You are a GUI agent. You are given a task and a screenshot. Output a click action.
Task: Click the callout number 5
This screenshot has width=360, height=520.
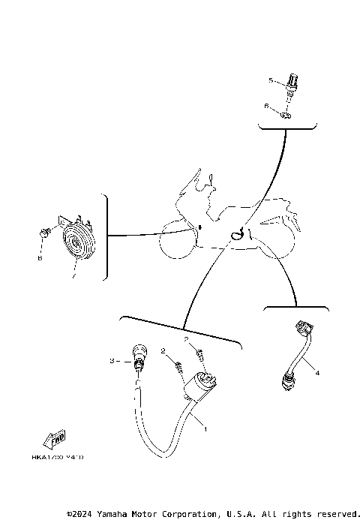(271, 79)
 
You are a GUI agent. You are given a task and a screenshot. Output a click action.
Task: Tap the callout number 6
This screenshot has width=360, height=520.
(266, 107)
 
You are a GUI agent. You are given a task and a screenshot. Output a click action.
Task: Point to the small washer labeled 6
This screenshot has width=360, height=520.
(286, 115)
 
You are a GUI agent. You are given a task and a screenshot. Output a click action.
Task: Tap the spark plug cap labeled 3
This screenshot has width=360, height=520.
(137, 356)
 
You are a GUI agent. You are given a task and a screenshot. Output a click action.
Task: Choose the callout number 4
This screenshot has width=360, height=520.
(316, 372)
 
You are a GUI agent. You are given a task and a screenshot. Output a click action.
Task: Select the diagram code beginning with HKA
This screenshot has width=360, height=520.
(57, 456)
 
